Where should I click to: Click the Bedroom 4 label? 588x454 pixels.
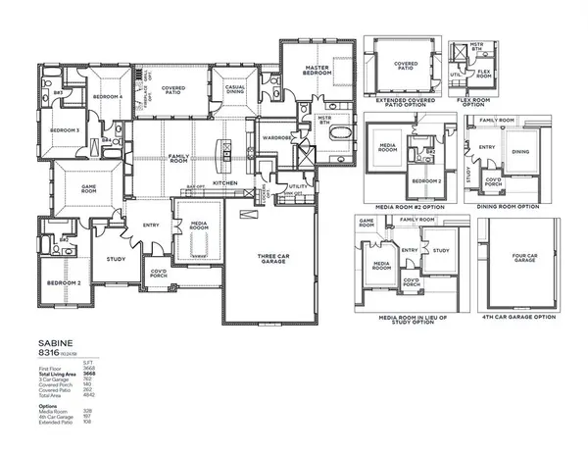coord(108,97)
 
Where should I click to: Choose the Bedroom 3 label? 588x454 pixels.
coord(65,130)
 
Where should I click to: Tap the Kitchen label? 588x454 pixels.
coord(225,183)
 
